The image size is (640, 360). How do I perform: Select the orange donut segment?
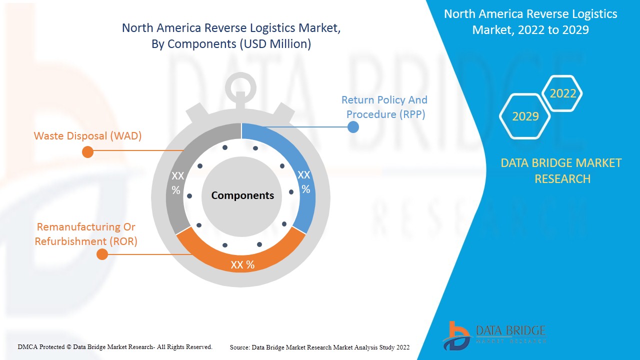[241, 258]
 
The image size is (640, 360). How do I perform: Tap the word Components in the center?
[242, 195]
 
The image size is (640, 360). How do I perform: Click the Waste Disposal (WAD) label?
[87, 136]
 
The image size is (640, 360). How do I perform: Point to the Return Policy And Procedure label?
[384, 107]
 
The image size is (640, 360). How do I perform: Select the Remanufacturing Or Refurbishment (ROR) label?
[86, 234]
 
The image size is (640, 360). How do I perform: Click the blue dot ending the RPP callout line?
[353, 127]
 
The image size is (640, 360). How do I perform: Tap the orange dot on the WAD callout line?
[87, 152]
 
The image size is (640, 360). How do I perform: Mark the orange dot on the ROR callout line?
[102, 254]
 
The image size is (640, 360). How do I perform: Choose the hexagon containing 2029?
[525, 116]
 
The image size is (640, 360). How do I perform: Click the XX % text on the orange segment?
[242, 265]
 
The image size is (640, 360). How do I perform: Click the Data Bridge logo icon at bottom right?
[456, 336]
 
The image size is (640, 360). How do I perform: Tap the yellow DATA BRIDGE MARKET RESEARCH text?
[561, 171]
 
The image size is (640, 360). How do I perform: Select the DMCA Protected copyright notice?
[115, 347]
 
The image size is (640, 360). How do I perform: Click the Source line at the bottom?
[319, 347]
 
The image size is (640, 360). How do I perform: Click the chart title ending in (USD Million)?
[231, 35]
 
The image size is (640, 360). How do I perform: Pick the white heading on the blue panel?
[530, 21]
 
